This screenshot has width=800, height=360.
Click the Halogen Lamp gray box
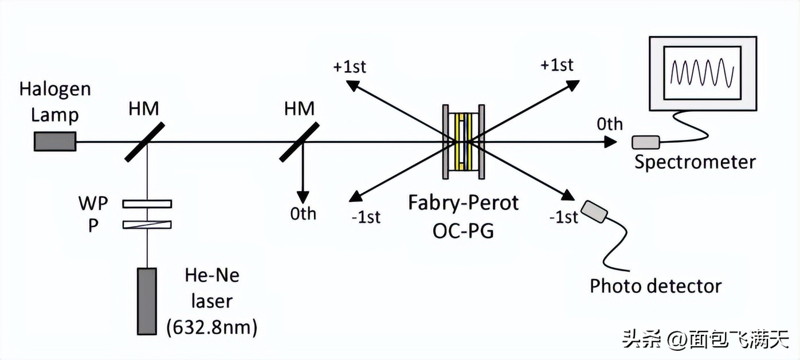[55, 141]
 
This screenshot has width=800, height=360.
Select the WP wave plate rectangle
[147, 204]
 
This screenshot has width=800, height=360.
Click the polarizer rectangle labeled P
[147, 225]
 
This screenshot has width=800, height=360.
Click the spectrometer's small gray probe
[645, 141]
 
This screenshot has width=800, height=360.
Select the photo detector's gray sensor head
[595, 211]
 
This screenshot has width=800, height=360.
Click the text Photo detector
[656, 285]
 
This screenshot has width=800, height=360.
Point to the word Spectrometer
[695, 162]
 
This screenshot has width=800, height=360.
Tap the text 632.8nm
[211, 327]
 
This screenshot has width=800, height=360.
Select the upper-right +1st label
[556, 65]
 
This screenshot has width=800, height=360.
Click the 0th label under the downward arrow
[303, 214]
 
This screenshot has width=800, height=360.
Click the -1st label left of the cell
[365, 217]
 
